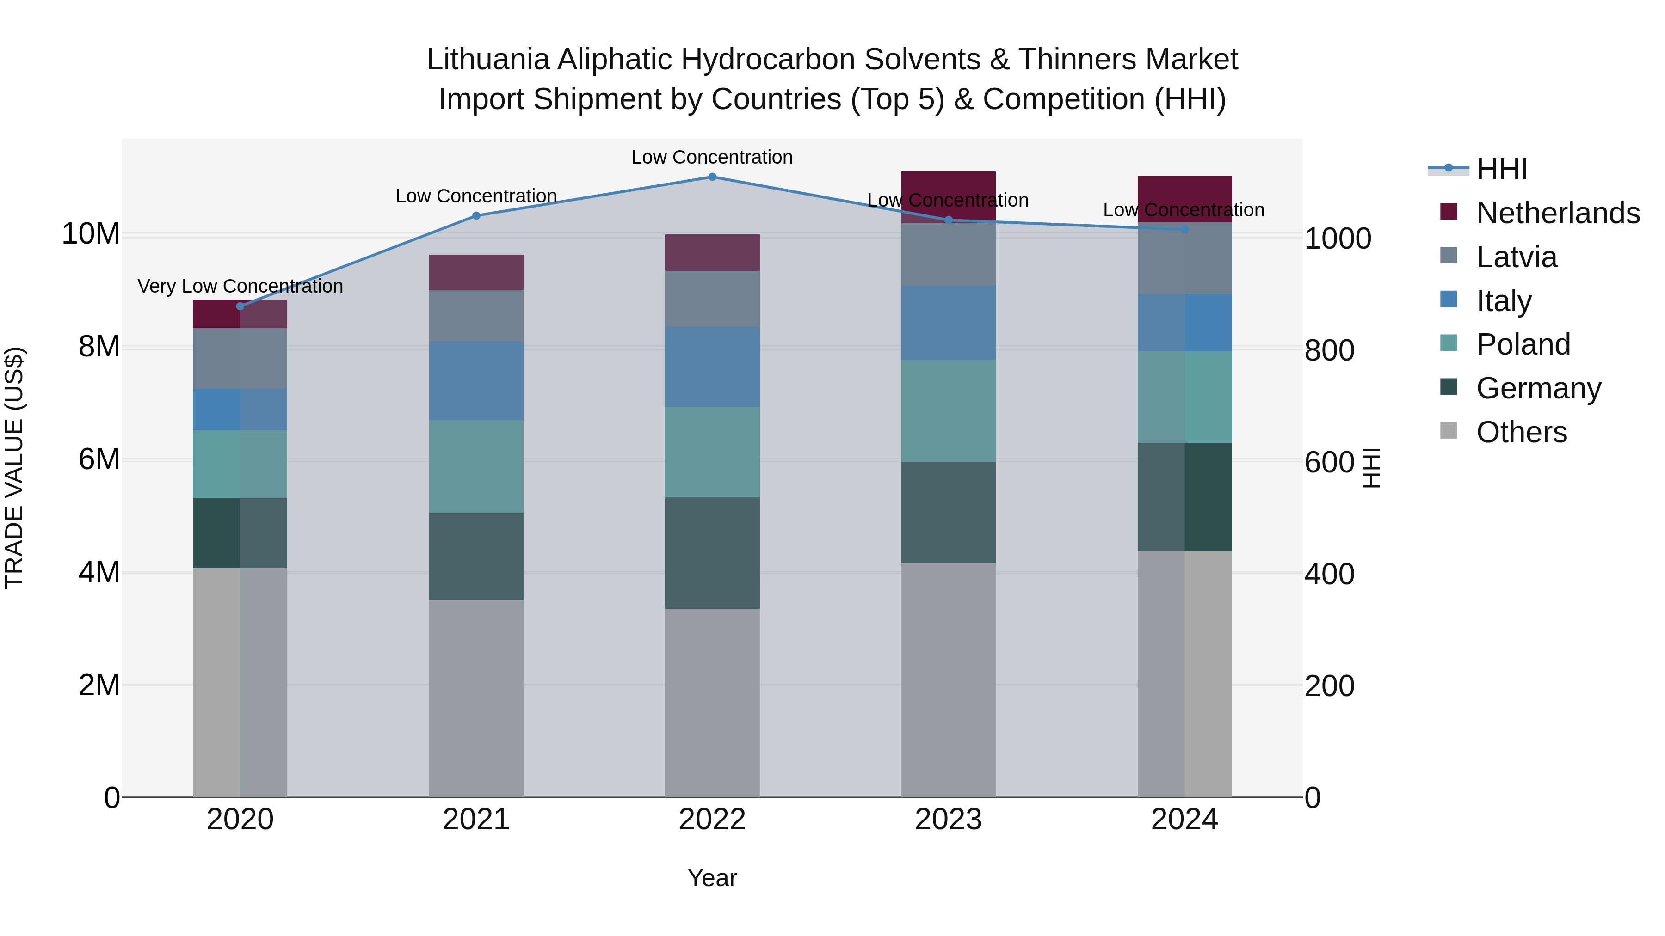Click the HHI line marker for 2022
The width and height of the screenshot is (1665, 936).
coord(712,177)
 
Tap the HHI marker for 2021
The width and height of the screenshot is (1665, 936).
coord(476,216)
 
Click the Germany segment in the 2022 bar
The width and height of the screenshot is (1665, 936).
coord(712,553)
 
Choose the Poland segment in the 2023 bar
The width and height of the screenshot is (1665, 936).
coord(948,411)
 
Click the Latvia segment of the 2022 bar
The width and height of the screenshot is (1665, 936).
coord(712,299)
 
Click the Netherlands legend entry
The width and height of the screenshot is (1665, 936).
coord(1558,213)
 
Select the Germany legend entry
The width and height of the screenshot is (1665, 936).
coord(1538,388)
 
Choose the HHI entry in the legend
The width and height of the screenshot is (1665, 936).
coord(1501,169)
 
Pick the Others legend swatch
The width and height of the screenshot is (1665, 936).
coord(1449,431)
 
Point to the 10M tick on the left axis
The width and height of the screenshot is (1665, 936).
coord(91,234)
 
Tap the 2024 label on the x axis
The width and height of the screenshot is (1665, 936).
coord(1184,820)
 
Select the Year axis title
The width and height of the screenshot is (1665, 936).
coord(712,878)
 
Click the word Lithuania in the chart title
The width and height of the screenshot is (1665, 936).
coord(488,60)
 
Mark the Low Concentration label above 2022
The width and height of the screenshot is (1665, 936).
coord(712,157)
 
